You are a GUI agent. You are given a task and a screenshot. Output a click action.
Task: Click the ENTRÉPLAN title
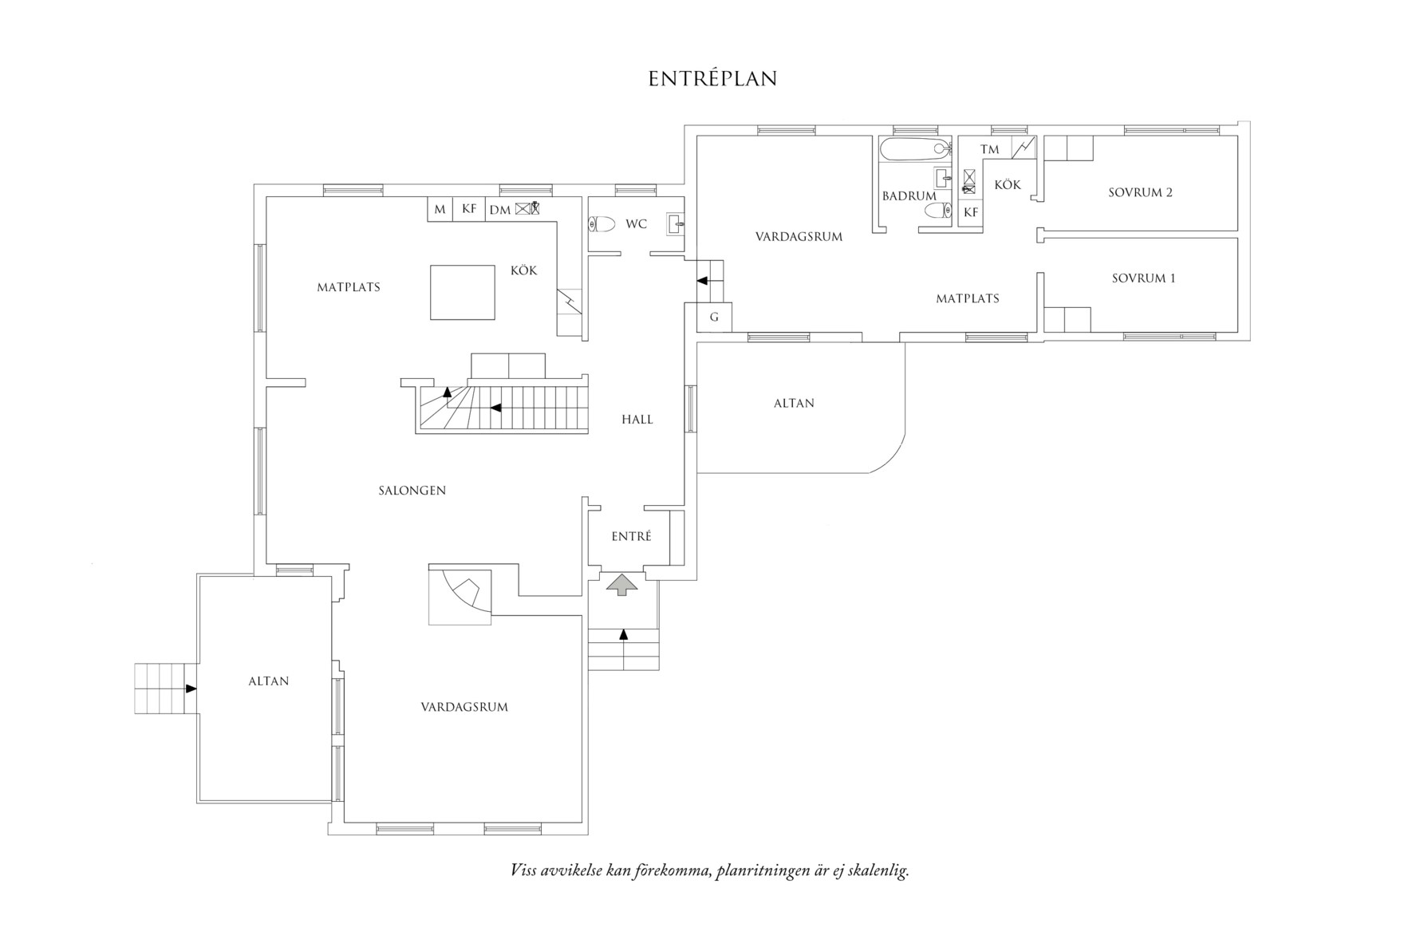click(712, 79)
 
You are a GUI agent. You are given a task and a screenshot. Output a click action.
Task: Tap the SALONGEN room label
click(412, 491)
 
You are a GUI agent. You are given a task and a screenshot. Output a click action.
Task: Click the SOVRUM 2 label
click(1140, 192)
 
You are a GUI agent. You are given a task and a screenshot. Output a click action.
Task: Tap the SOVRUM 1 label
click(1143, 278)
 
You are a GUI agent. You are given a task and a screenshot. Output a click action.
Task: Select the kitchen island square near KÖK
click(462, 293)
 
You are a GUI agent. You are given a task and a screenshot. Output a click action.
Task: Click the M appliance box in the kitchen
click(440, 210)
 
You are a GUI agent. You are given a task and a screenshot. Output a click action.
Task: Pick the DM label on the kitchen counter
click(500, 210)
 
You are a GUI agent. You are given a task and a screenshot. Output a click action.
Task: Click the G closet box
click(714, 318)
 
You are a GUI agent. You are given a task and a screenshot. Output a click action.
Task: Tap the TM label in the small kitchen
click(989, 149)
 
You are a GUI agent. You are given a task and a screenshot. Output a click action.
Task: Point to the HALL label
click(637, 420)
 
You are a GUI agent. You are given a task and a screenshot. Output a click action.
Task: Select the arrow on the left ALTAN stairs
click(191, 689)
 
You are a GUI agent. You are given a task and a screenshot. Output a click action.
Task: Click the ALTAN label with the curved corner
click(794, 404)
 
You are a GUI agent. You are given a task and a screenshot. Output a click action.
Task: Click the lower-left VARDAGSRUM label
click(464, 707)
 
